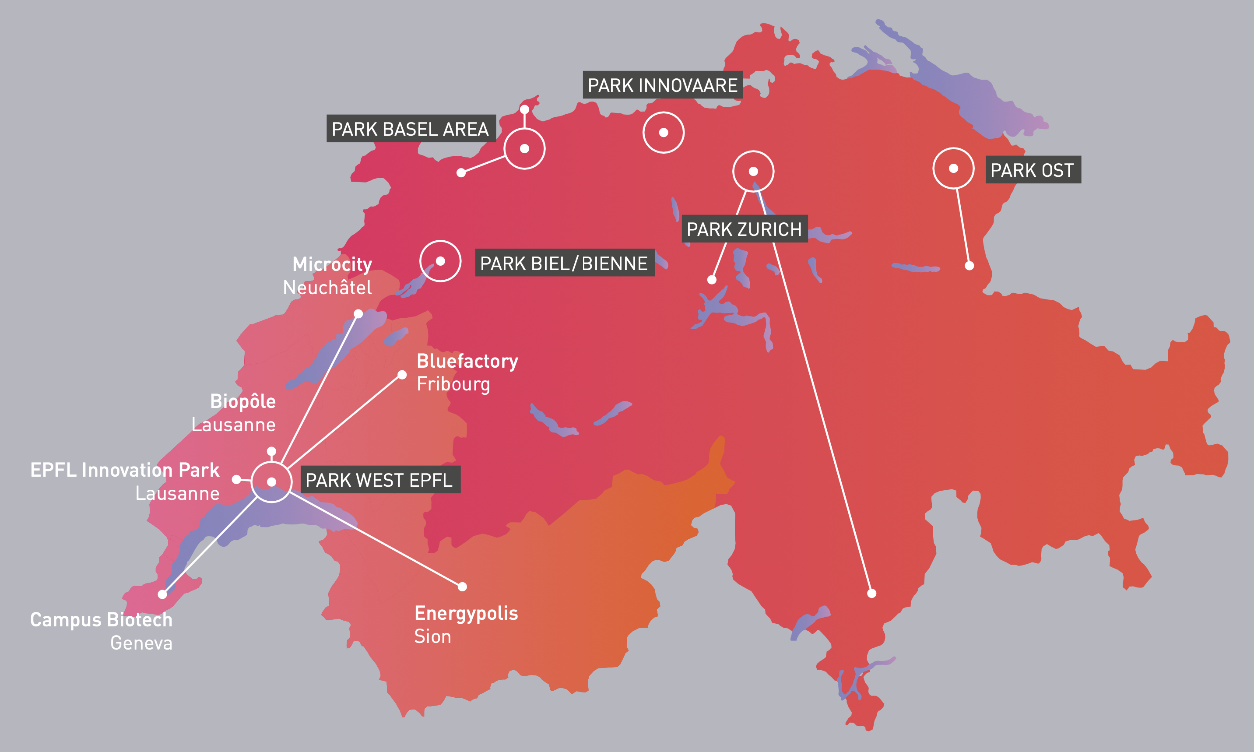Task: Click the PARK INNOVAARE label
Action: pyautogui.click(x=662, y=85)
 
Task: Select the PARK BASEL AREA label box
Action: pyautogui.click(x=411, y=129)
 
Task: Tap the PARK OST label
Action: pyautogui.click(x=1032, y=170)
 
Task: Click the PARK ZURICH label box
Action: pyautogui.click(x=744, y=229)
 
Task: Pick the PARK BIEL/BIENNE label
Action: pyautogui.click(x=564, y=263)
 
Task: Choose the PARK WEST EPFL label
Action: pyautogui.click(x=379, y=479)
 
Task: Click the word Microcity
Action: pyautogui.click(x=332, y=264)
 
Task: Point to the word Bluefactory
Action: pyautogui.click(x=467, y=361)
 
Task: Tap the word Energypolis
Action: pyautogui.click(x=466, y=613)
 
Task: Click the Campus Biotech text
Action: pyautogui.click(x=102, y=620)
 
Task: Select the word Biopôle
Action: pyautogui.click(x=243, y=401)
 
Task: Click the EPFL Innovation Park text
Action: pyautogui.click(x=125, y=470)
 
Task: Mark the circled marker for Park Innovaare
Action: pyautogui.click(x=663, y=133)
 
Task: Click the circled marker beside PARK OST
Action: pyautogui.click(x=953, y=168)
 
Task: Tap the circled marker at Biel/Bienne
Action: pyautogui.click(x=440, y=261)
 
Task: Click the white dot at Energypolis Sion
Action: pyautogui.click(x=462, y=587)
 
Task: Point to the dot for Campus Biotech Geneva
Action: pyautogui.click(x=162, y=594)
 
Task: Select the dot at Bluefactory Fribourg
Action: pyautogui.click(x=402, y=375)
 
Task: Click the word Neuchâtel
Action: pyautogui.click(x=327, y=288)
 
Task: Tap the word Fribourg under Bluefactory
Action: pyautogui.click(x=453, y=384)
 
